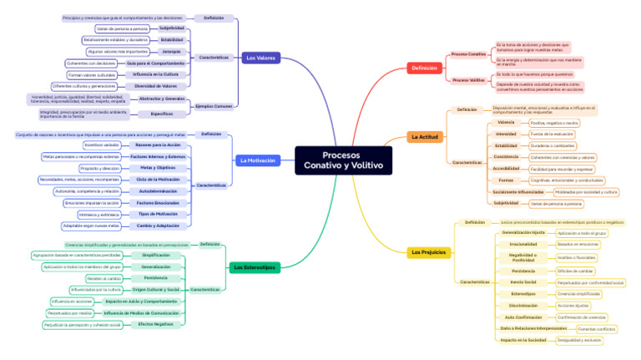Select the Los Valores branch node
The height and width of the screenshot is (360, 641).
click(260, 58)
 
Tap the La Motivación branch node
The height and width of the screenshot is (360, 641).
click(256, 160)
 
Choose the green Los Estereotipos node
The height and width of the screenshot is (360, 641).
click(254, 267)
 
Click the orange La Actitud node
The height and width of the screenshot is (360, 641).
click(424, 136)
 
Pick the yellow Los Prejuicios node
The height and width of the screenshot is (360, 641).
click(428, 251)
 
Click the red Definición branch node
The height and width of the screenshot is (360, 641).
click(423, 68)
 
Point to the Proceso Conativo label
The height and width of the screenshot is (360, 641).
click(468, 54)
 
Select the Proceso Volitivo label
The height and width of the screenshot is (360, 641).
click(468, 80)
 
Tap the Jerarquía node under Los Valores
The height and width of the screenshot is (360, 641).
click(170, 51)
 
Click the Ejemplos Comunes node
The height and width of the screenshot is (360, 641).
click(214, 107)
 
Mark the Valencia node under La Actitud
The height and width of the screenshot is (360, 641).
click(506, 123)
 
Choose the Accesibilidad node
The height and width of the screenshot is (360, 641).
click(506, 168)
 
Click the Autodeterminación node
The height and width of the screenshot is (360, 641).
click(158, 191)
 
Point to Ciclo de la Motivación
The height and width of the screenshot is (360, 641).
click(158, 180)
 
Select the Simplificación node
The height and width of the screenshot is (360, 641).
click(156, 255)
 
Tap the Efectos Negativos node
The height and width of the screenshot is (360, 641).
click(156, 324)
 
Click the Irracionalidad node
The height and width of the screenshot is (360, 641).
click(523, 244)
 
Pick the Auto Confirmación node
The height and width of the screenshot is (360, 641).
click(523, 317)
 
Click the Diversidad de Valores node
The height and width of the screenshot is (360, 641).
click(155, 85)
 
